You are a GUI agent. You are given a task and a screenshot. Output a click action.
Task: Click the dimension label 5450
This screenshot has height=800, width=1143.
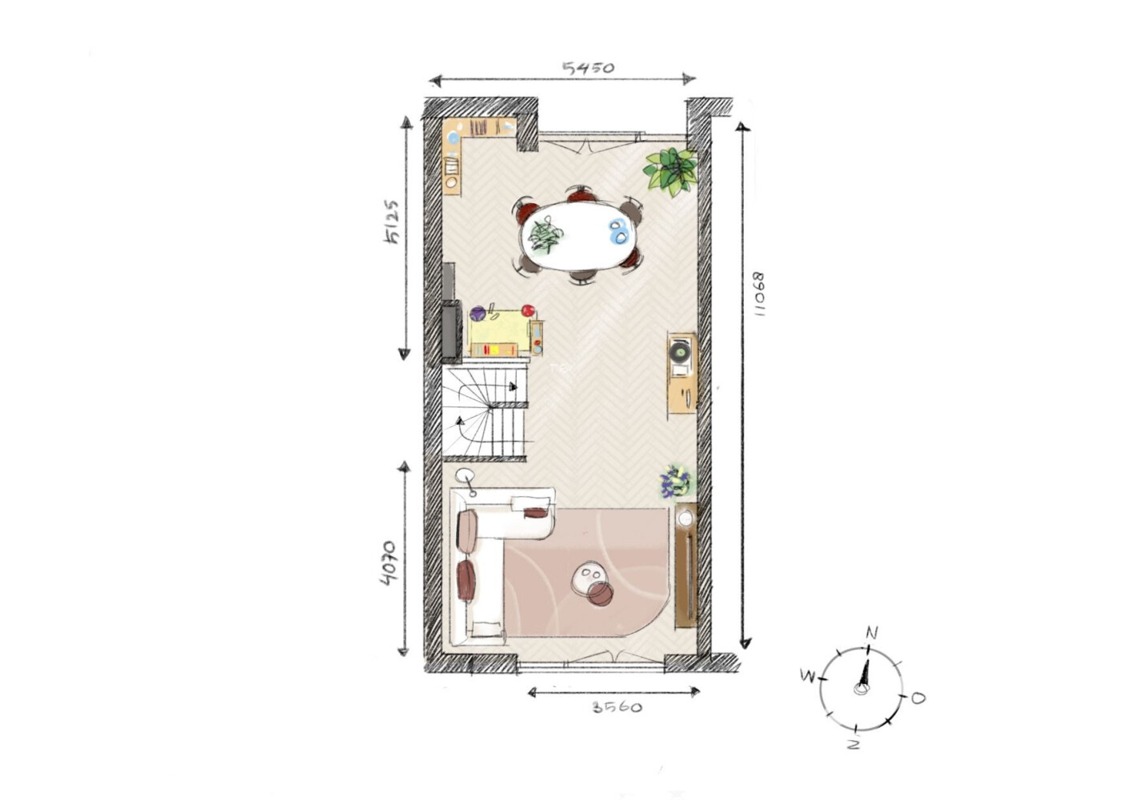[x=588, y=67]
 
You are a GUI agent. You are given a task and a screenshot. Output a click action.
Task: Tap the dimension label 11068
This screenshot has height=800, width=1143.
[x=759, y=294]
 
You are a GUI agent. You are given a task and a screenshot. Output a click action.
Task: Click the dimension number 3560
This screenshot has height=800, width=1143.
[x=617, y=707]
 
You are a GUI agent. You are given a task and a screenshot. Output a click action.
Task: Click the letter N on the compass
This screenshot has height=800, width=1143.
[x=872, y=634]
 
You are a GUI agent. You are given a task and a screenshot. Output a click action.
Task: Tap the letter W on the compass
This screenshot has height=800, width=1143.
[x=807, y=677]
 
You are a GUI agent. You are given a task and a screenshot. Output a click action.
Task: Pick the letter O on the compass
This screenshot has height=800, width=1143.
[x=918, y=698]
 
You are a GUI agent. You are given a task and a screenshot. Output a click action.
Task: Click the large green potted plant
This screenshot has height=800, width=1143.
[x=670, y=171]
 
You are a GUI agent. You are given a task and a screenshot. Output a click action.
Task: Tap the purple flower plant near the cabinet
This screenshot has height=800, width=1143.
[x=674, y=481]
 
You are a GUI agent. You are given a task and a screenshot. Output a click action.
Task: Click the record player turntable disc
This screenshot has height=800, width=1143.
[x=679, y=350]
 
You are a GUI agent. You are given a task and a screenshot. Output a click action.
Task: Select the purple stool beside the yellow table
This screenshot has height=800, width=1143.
[x=478, y=314]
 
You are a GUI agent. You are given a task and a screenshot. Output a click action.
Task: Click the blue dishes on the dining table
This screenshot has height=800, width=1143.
[x=619, y=232]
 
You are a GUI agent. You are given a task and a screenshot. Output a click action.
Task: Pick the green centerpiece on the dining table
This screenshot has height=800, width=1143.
[x=545, y=235]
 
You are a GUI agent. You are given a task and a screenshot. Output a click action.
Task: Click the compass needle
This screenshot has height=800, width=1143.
[x=863, y=674]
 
